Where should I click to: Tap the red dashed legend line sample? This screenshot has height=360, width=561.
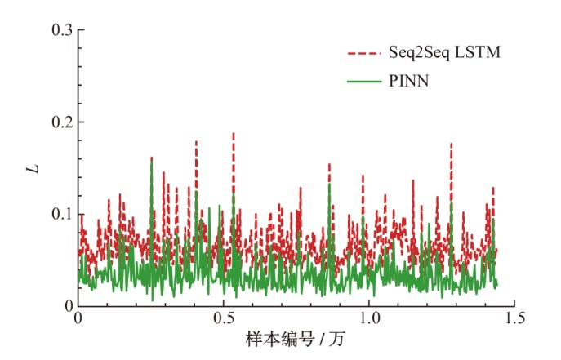point(363,53)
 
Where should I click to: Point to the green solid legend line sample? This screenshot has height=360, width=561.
point(363,82)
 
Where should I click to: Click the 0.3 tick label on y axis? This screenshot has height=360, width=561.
point(62,30)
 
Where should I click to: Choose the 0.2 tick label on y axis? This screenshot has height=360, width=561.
point(62,122)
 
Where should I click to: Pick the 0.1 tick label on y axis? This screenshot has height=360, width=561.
point(62,214)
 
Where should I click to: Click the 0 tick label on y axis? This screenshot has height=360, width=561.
point(69,306)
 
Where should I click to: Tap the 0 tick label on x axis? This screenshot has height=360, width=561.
point(78,319)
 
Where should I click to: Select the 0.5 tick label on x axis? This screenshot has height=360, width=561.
point(224,319)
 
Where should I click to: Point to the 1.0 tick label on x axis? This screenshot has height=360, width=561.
point(369,319)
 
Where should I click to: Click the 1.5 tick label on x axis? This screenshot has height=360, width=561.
point(514,319)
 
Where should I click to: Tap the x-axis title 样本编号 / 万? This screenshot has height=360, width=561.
point(296,339)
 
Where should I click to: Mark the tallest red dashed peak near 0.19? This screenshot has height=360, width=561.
point(234,133)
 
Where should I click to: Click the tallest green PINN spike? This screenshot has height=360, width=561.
point(151,162)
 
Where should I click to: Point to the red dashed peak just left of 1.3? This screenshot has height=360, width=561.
point(451,144)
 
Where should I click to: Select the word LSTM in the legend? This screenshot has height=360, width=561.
point(478,53)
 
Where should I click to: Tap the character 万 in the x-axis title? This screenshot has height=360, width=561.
point(338,339)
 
